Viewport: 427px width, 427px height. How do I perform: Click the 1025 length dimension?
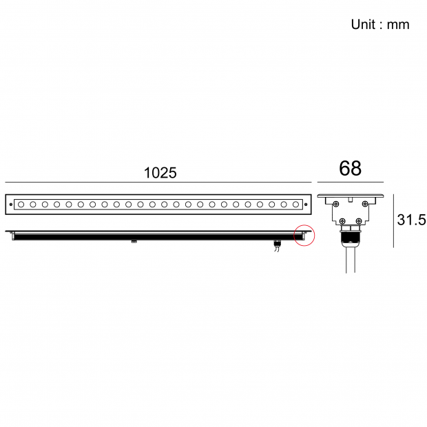pyautogui.click(x=160, y=173)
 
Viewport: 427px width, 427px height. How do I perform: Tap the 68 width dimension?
pyautogui.click(x=350, y=168)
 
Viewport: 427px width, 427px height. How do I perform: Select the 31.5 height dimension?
pyautogui.click(x=411, y=220)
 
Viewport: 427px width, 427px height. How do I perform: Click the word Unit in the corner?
pyautogui.click(x=363, y=24)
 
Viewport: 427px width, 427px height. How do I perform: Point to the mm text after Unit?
pyautogui.click(x=398, y=25)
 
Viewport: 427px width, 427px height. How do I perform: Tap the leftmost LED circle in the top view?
pyautogui.click(x=21, y=205)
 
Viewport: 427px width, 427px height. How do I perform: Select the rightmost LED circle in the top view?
pyautogui.click(x=295, y=205)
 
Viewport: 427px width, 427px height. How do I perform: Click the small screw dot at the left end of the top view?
pyautogui.click(x=11, y=205)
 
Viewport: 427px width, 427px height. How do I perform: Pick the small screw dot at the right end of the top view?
pyautogui.click(x=306, y=205)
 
